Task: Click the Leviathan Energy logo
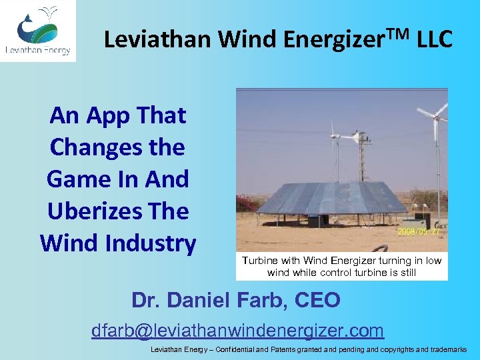[x=38, y=31]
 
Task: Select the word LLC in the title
[x=434, y=40]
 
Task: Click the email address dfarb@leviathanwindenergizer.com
[x=237, y=330]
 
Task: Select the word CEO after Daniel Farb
[x=313, y=301]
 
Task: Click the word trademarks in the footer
[x=445, y=349]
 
